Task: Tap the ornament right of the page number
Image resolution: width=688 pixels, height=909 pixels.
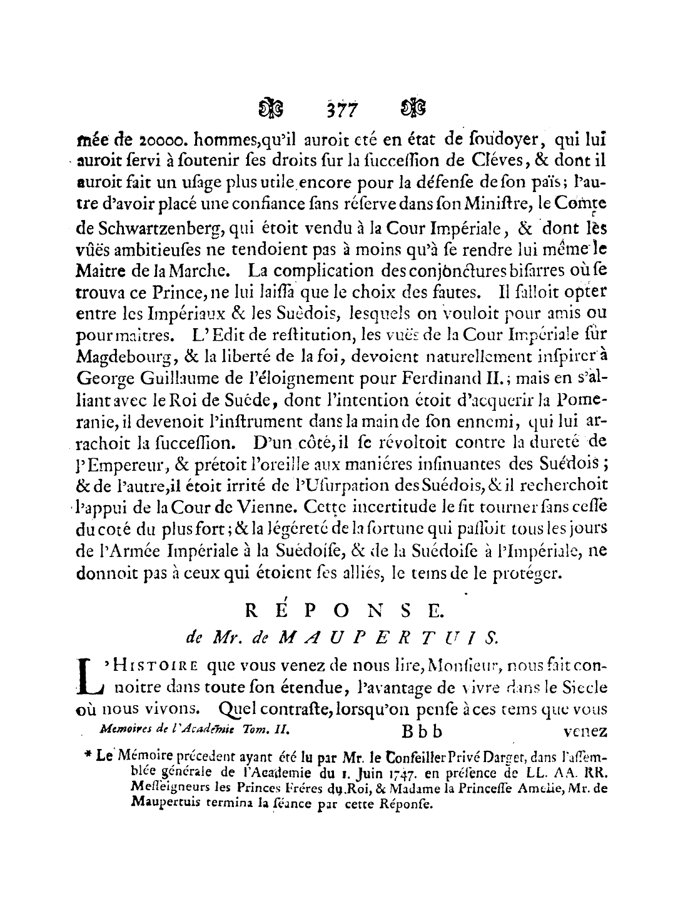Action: pyautogui.click(x=415, y=109)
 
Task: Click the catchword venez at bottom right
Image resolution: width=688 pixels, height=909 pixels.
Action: pyautogui.click(x=584, y=730)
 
